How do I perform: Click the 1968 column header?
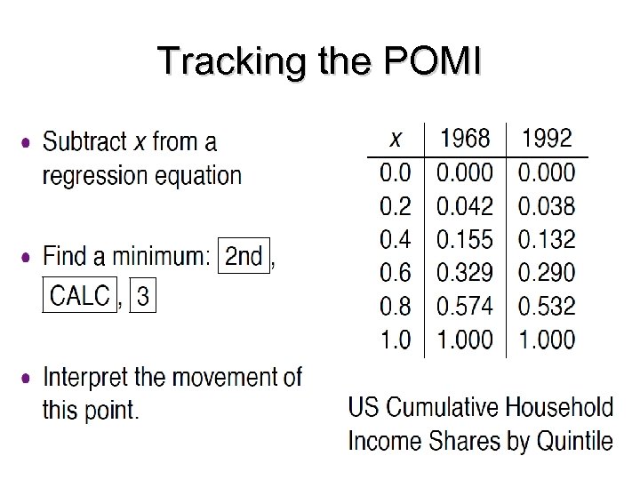click(465, 139)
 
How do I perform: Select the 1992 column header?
click(548, 139)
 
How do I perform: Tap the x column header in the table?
click(396, 140)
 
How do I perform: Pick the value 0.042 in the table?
click(465, 206)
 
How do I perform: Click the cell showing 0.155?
click(465, 240)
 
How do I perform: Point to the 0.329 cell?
click(465, 273)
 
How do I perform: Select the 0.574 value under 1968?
click(465, 307)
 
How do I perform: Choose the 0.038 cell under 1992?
click(548, 206)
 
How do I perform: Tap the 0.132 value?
click(548, 240)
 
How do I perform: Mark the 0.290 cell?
click(548, 273)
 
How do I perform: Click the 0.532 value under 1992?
click(548, 307)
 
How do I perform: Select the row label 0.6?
click(396, 273)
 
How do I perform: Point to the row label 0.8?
click(396, 307)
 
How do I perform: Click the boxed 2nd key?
click(244, 257)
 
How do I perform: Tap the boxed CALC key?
click(80, 295)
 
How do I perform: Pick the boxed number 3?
click(143, 295)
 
